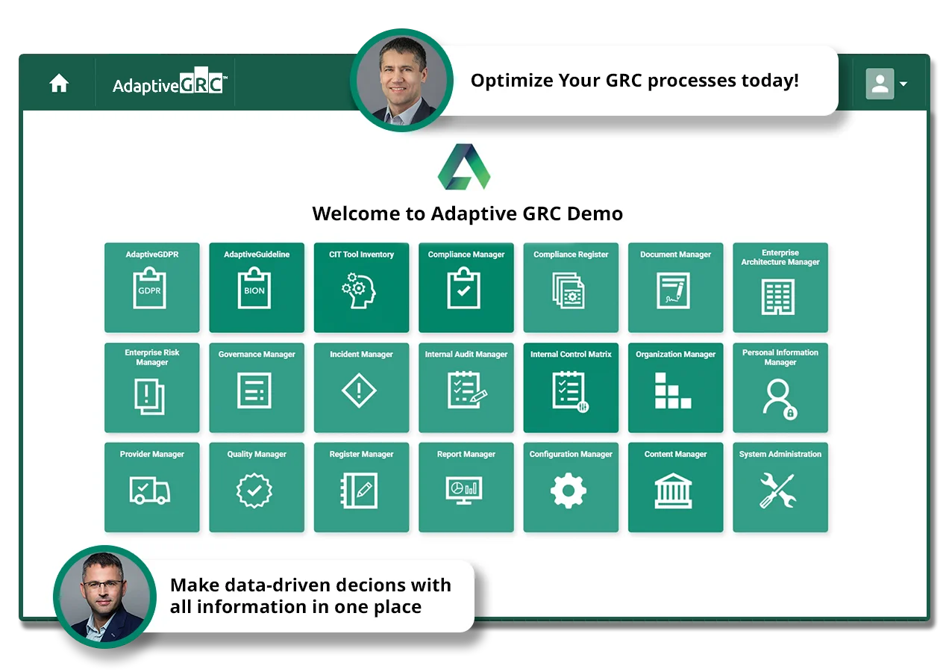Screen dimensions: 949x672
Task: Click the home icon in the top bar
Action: click(59, 83)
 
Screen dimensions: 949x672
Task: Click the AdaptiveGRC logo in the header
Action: click(169, 81)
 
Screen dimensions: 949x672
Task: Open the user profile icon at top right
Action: click(880, 84)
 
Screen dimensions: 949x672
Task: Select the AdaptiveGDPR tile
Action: click(151, 287)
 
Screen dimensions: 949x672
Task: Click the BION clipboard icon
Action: click(254, 287)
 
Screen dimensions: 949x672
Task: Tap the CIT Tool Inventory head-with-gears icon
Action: click(359, 290)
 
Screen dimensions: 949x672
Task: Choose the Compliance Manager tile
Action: click(466, 287)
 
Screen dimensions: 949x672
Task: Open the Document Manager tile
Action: click(675, 287)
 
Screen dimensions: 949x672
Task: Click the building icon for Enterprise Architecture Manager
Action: click(778, 296)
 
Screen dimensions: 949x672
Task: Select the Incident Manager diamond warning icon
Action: click(359, 391)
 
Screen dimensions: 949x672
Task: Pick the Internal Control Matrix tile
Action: click(571, 388)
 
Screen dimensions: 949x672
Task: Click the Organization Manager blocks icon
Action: click(673, 391)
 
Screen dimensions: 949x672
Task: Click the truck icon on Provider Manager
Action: click(149, 490)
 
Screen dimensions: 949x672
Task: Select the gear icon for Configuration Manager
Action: click(568, 491)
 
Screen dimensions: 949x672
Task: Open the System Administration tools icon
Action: click(778, 491)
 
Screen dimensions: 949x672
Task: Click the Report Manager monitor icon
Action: click(464, 491)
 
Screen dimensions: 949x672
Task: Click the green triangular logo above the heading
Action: click(464, 167)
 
